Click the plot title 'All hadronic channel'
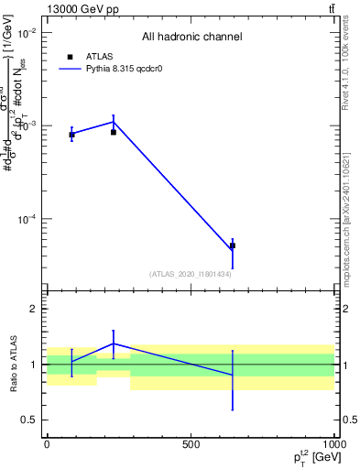click(191, 37)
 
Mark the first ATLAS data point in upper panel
click(71, 135)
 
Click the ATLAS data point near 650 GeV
click(233, 245)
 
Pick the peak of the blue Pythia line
click(114, 122)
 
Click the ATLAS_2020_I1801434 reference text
click(191, 274)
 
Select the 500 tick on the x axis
click(191, 444)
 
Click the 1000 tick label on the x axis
click(334, 444)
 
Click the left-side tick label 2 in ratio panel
click(32, 310)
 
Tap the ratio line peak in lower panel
click(114, 344)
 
